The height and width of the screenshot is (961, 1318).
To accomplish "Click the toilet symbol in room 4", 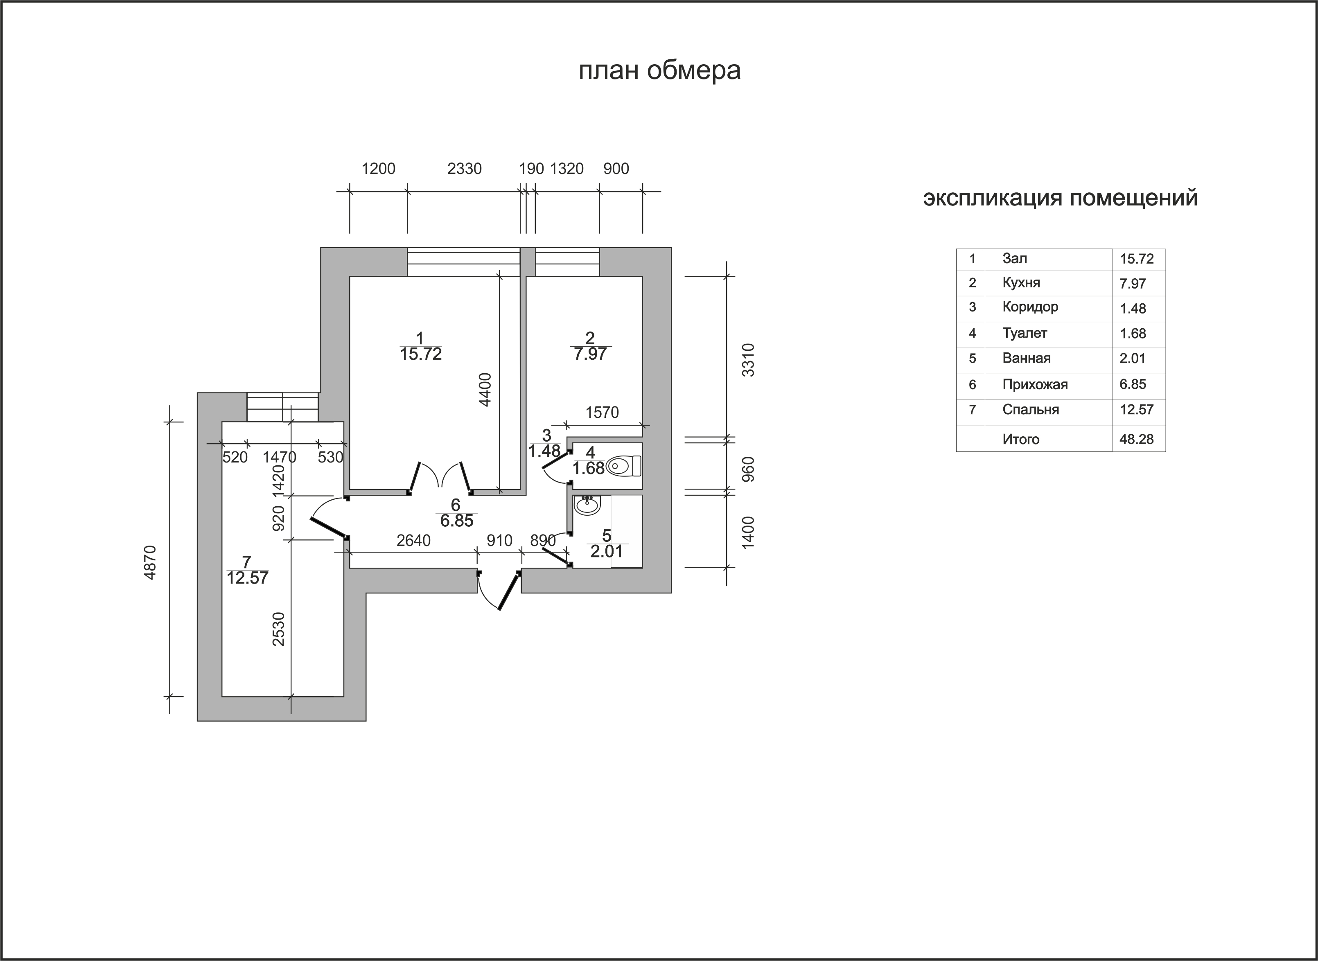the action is point(623,466).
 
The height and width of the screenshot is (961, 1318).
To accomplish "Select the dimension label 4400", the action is point(485,389).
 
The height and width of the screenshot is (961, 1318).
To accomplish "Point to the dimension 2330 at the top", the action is point(464,169).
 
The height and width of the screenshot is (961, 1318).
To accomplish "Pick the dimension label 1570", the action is point(602,413).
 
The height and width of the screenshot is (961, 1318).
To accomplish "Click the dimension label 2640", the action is point(413,540).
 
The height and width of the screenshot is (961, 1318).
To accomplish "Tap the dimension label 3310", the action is point(749,360).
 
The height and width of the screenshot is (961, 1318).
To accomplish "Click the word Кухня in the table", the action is point(1021,283).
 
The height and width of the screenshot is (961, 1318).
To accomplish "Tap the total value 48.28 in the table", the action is point(1137,439).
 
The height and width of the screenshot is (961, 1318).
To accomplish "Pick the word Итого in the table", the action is point(1021,439).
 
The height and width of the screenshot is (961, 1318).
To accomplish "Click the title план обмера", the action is point(659,71).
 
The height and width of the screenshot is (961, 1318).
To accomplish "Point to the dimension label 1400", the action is point(749,531).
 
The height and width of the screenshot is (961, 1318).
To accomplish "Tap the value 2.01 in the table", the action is point(1133,359).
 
